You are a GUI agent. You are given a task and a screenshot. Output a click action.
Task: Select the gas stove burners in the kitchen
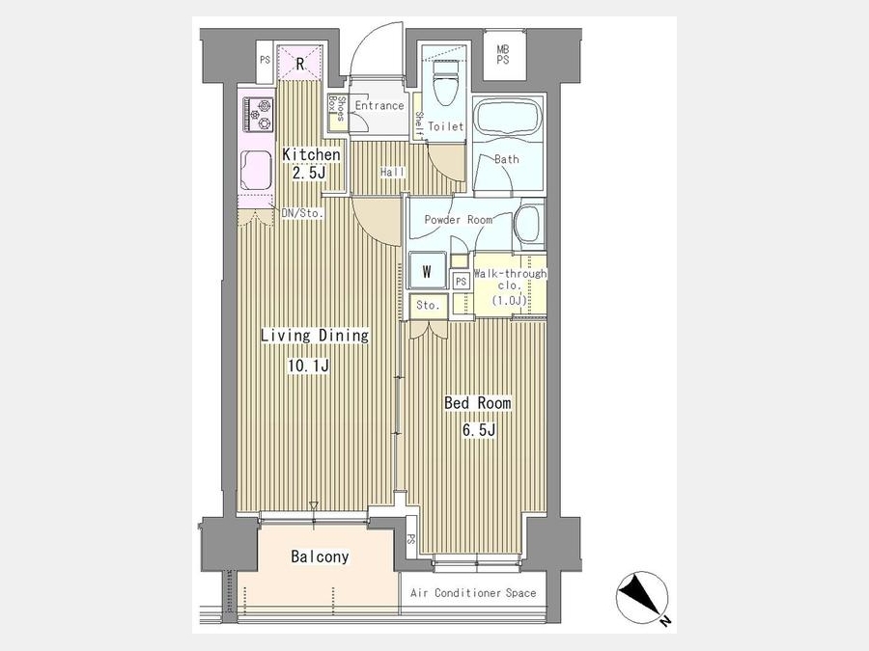pyautogui.click(x=258, y=115)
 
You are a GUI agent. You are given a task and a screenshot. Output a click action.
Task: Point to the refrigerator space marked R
pyautogui.click(x=299, y=63)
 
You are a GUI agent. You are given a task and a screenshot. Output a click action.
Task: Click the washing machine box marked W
pyautogui.click(x=427, y=271)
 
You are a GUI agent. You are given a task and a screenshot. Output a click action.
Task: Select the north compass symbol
pyautogui.click(x=643, y=599)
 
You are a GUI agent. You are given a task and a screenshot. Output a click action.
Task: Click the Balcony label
pyautogui.click(x=320, y=556)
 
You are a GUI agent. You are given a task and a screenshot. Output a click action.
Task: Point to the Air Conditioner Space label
pyautogui.click(x=473, y=593)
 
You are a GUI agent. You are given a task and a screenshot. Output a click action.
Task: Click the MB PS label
pyautogui.click(x=503, y=55)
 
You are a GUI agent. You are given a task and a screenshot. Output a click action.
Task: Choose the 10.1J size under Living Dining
pyautogui.click(x=309, y=366)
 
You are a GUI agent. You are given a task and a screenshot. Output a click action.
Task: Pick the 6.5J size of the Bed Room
pyautogui.click(x=478, y=429)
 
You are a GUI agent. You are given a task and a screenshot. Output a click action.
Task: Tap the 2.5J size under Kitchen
pyautogui.click(x=309, y=173)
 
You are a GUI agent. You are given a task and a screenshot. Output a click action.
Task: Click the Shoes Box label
pyautogui.click(x=337, y=108)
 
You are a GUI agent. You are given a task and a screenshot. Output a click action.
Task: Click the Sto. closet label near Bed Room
pyautogui.click(x=428, y=305)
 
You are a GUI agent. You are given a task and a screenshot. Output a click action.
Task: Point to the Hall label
pyautogui.click(x=392, y=173)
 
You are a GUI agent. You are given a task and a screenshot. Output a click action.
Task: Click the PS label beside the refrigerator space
pyautogui.click(x=265, y=59)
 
